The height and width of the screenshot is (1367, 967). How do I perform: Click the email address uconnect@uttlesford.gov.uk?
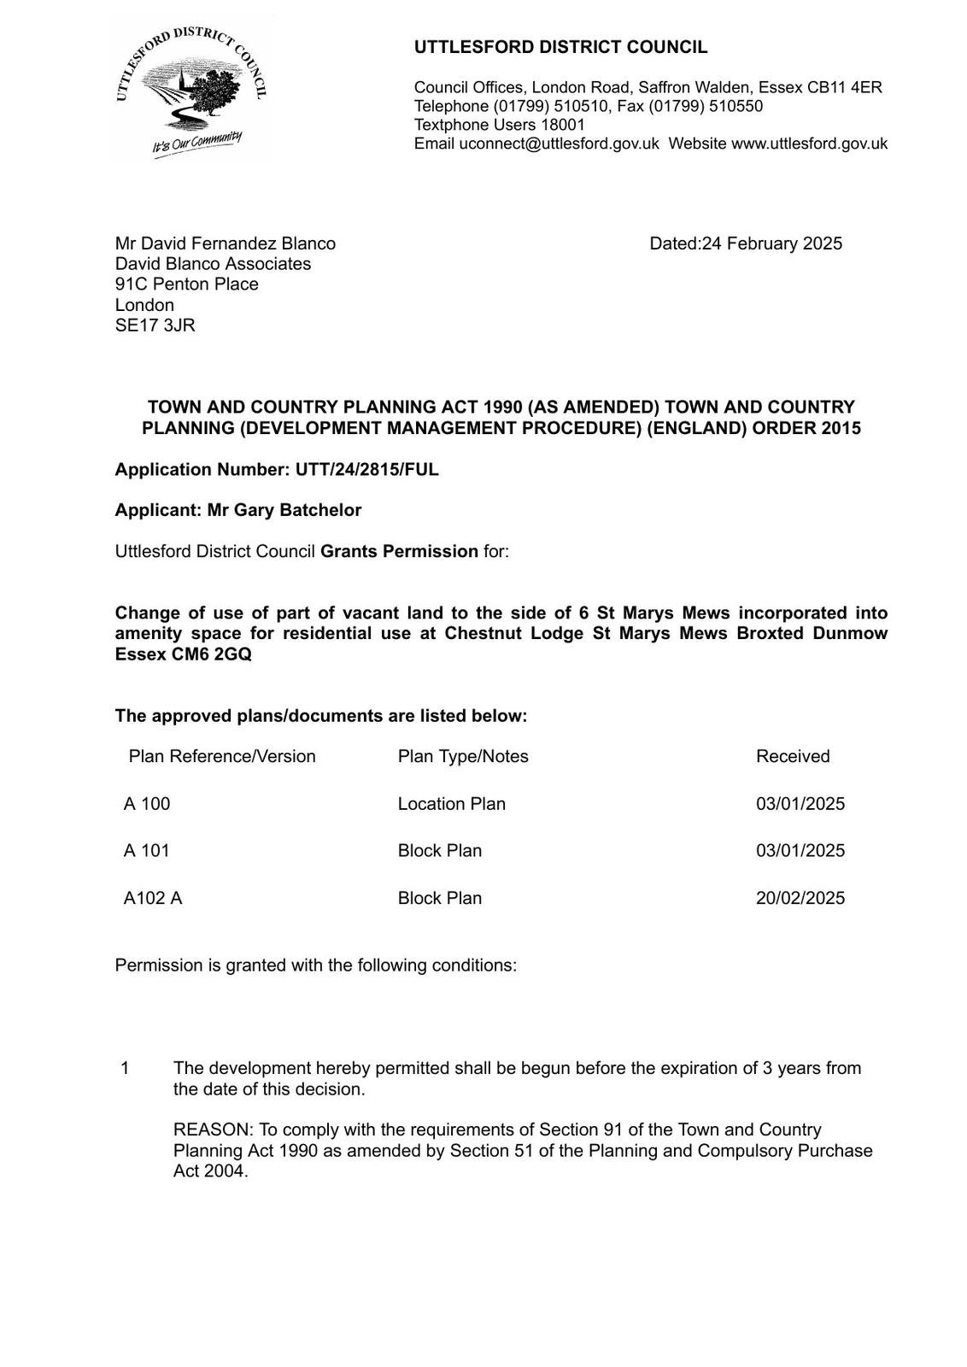[559, 144]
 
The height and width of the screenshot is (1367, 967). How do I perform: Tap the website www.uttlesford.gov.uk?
[809, 144]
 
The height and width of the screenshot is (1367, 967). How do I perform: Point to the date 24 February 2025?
[771, 243]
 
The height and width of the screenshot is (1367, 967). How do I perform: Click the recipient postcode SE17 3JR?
[155, 326]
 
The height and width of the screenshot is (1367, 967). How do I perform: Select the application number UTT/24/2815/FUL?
[366, 469]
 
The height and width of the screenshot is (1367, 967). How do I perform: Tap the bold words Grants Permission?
[399, 551]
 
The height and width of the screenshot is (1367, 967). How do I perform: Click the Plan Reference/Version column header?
[222, 756]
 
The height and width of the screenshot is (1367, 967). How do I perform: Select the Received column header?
[793, 756]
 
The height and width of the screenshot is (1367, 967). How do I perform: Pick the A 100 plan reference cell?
[147, 804]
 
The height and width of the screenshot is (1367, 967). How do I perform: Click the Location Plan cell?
[451, 804]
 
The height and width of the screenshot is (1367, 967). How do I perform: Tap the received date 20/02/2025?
[800, 898]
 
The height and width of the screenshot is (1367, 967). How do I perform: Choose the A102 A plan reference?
[153, 898]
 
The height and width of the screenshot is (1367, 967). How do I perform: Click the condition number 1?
[126, 1068]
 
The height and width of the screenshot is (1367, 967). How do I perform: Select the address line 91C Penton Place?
[186, 285]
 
